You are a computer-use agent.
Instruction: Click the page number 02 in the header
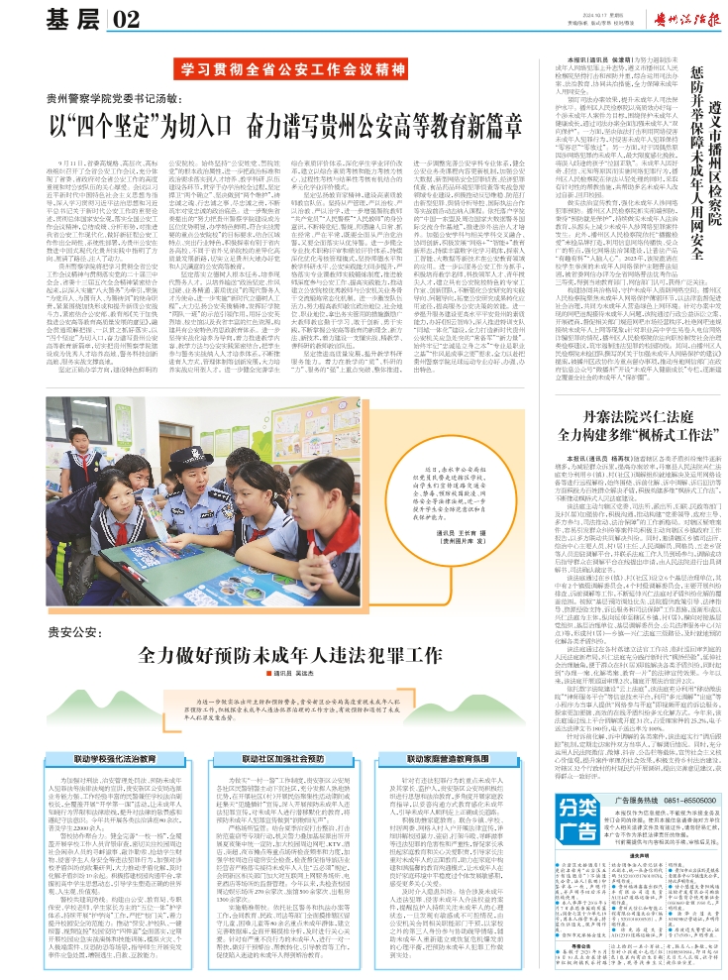(x=126, y=19)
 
